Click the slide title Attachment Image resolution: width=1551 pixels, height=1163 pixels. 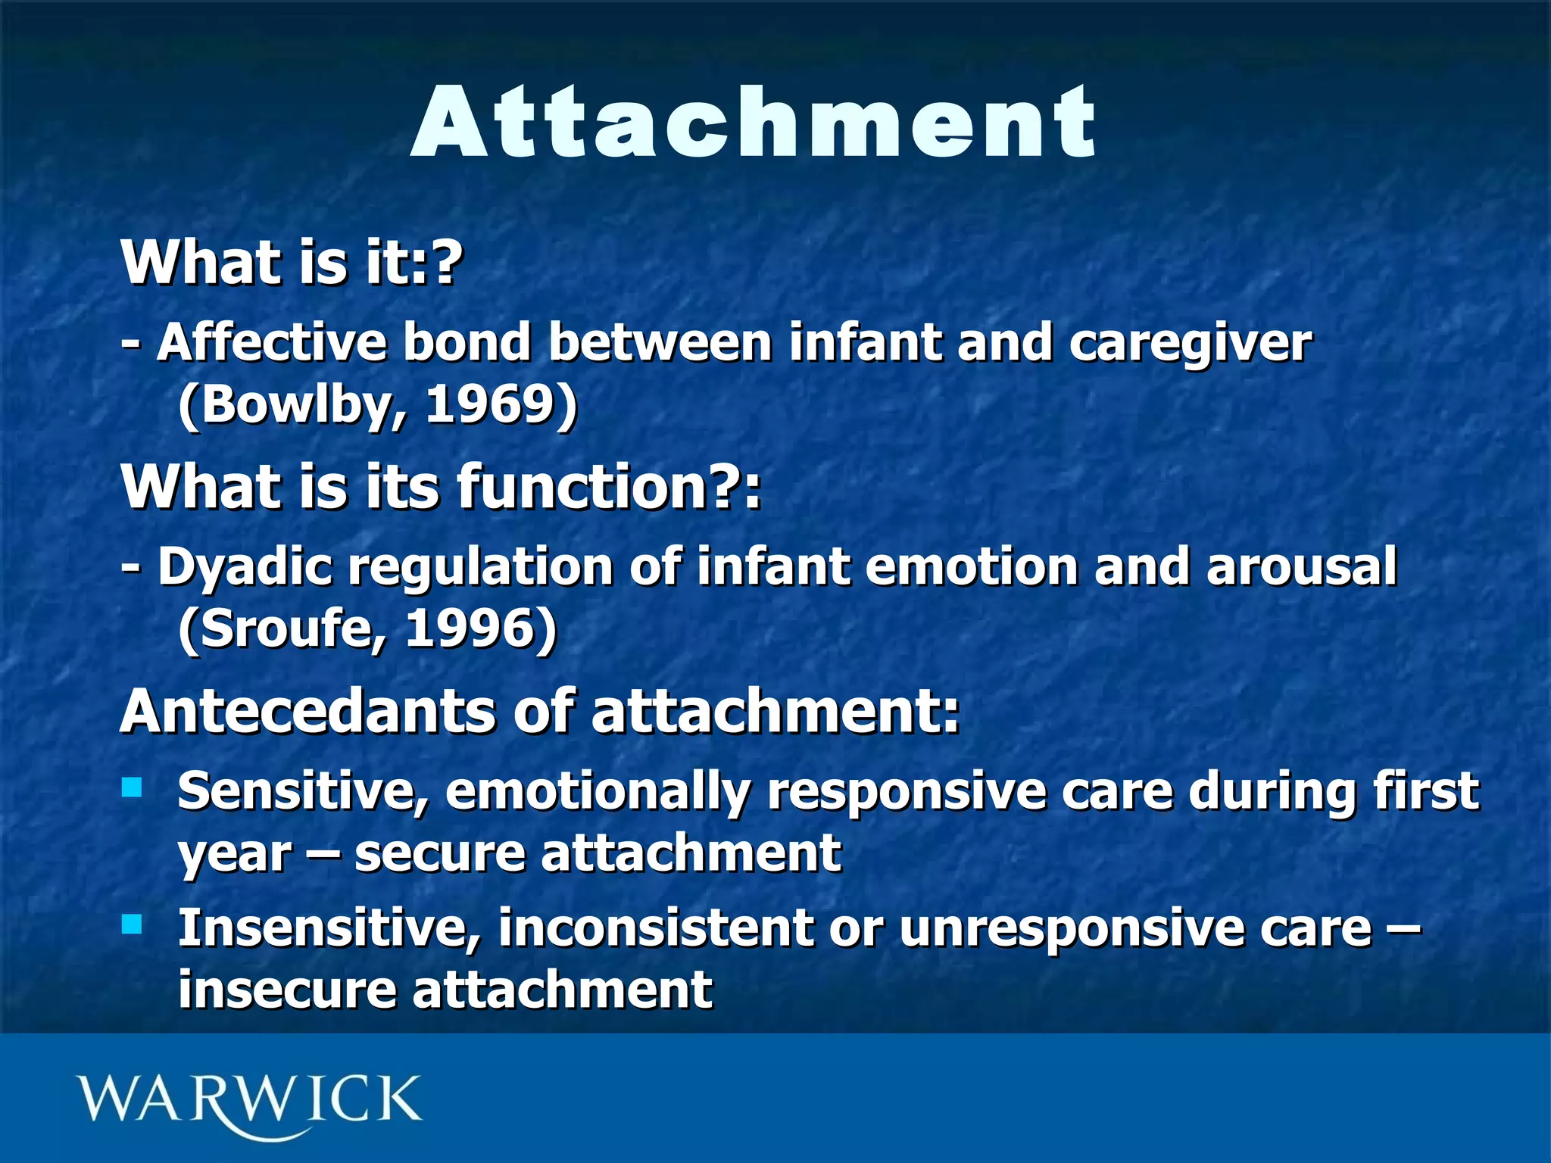754,123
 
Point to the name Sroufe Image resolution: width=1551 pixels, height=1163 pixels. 286,628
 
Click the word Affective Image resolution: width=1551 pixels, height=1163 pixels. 271,342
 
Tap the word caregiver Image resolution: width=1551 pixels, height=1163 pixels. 1190,342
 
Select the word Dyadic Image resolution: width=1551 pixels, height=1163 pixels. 245,566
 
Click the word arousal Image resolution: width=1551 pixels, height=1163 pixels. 1301,566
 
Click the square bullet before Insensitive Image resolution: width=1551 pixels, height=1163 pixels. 132,924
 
